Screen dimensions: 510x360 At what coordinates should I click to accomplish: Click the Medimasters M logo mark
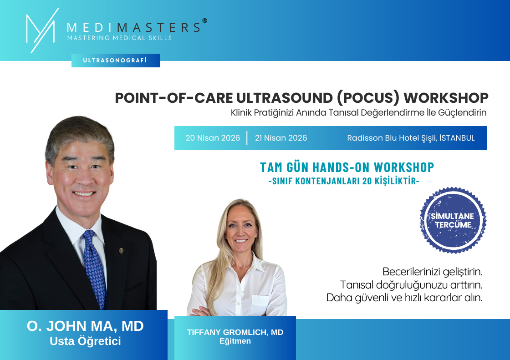coord(41,30)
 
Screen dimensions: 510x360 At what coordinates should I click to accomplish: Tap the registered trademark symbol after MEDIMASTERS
coord(204,20)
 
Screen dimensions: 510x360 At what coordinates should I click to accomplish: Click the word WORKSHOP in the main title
coord(446,98)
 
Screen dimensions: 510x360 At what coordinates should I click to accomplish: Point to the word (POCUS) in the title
coord(368,98)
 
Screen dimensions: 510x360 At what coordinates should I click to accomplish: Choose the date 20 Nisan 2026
coord(213,138)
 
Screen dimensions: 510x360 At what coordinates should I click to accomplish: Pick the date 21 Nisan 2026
coord(281,138)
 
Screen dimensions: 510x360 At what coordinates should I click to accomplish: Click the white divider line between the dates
coord(247,138)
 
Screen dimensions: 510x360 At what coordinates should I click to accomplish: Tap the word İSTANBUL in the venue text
coord(457,137)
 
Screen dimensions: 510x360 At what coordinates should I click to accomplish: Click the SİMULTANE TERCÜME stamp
coord(453,220)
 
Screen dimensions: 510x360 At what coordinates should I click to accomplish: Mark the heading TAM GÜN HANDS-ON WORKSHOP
coord(347,167)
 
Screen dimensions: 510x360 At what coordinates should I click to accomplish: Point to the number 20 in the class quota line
coord(367,181)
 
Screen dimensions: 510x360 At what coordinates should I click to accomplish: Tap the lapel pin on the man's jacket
coord(121,250)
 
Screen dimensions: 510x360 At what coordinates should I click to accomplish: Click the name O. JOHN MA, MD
coord(85,326)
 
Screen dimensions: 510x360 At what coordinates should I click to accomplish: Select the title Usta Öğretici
coord(85,341)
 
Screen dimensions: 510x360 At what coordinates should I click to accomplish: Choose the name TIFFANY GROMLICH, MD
coord(235,332)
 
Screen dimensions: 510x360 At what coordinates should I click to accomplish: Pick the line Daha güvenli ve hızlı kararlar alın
coord(404,298)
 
